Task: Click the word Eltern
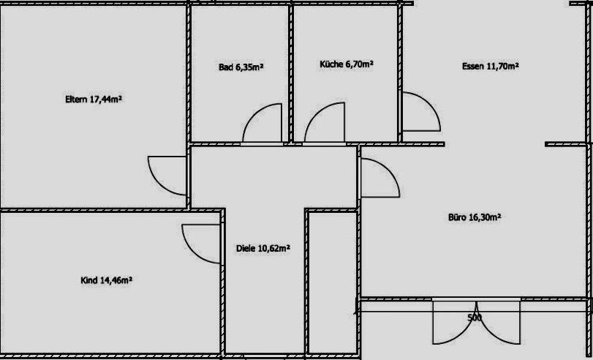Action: click(x=76, y=100)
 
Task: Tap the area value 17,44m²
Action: click(x=105, y=100)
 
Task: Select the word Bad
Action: click(x=226, y=67)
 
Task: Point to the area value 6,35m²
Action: click(x=249, y=67)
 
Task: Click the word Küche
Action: click(x=331, y=64)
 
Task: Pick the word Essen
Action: click(x=473, y=67)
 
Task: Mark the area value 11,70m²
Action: click(x=502, y=67)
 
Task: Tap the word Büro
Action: click(x=457, y=217)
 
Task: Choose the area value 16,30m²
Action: click(x=485, y=217)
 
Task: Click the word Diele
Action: click(x=246, y=248)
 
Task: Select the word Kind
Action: click(x=89, y=280)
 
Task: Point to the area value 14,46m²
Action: click(x=116, y=280)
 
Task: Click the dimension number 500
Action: click(x=475, y=318)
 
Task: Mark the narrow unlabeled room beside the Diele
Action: click(x=332, y=282)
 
